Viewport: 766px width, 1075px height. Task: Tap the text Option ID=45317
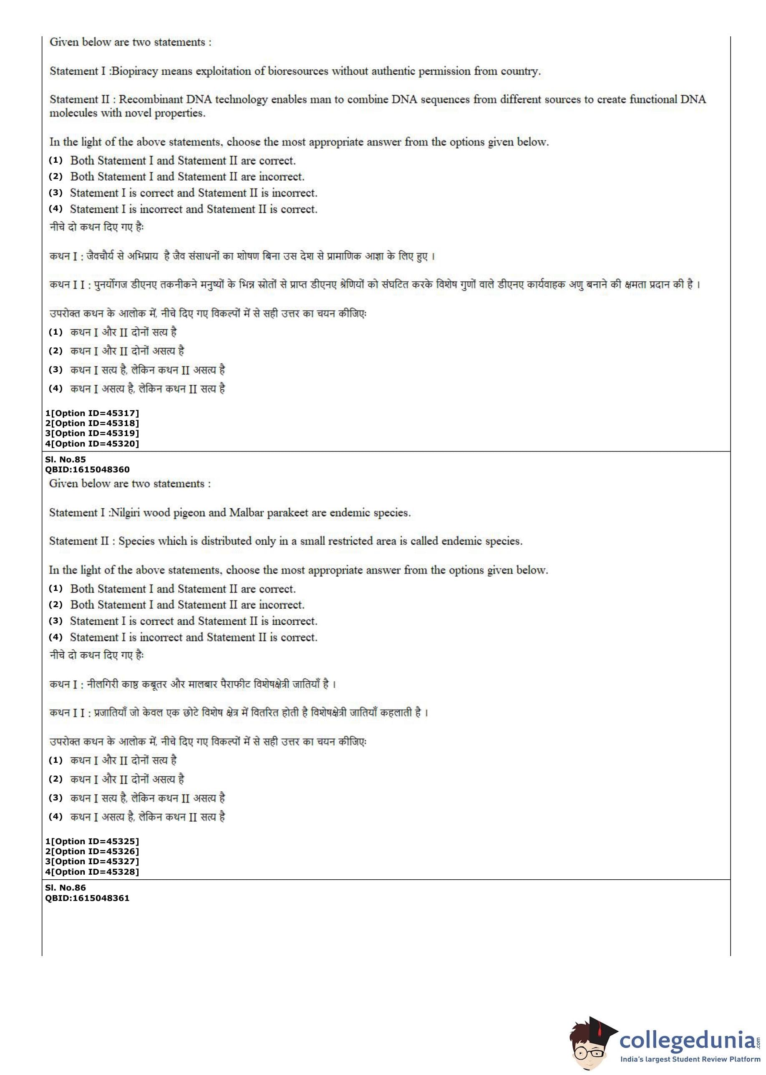point(94,413)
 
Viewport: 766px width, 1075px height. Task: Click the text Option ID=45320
point(94,444)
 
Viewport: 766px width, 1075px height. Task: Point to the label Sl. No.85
point(66,459)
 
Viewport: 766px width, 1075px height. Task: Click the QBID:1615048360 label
point(87,469)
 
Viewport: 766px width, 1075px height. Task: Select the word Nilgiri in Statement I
point(125,513)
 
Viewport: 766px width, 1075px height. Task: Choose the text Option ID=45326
point(94,851)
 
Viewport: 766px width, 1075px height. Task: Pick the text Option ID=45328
point(94,872)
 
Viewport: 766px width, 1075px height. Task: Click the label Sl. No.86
point(66,888)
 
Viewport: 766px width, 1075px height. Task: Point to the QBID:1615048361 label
point(87,898)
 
